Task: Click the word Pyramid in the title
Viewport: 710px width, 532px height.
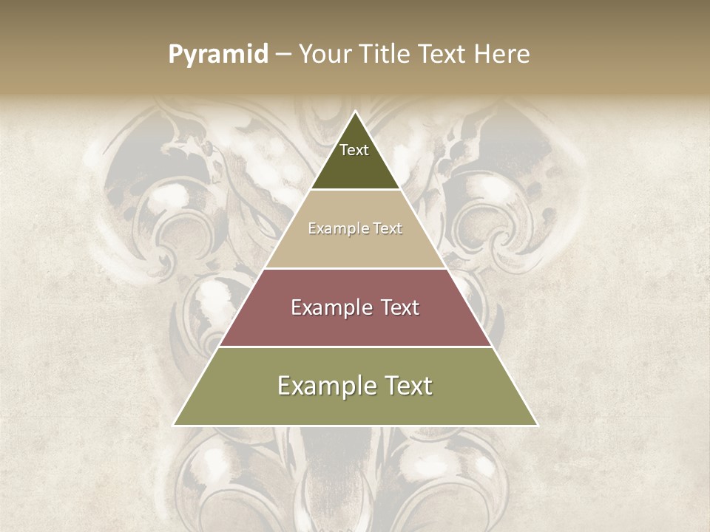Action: (x=217, y=55)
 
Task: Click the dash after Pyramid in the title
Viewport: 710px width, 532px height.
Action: (x=283, y=55)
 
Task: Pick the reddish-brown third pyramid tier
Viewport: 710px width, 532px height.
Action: (x=355, y=325)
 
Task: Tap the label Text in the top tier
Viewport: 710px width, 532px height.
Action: (x=354, y=150)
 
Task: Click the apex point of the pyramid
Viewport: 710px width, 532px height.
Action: (x=356, y=112)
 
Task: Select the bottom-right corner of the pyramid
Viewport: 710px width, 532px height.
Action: (x=537, y=425)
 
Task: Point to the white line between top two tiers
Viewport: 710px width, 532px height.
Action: (x=355, y=190)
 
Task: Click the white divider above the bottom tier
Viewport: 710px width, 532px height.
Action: (x=355, y=347)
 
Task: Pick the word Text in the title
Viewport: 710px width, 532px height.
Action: (x=442, y=55)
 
